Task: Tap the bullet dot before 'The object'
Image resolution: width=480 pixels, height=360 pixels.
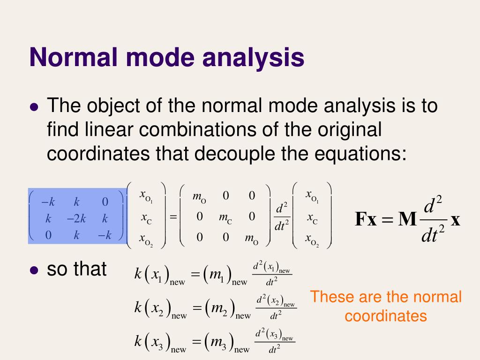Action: [33, 107]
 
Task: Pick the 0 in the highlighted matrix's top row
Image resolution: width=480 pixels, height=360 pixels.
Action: [105, 202]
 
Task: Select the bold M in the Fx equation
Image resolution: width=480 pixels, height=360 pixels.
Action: [407, 219]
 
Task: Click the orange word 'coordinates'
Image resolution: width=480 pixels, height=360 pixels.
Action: [386, 316]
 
